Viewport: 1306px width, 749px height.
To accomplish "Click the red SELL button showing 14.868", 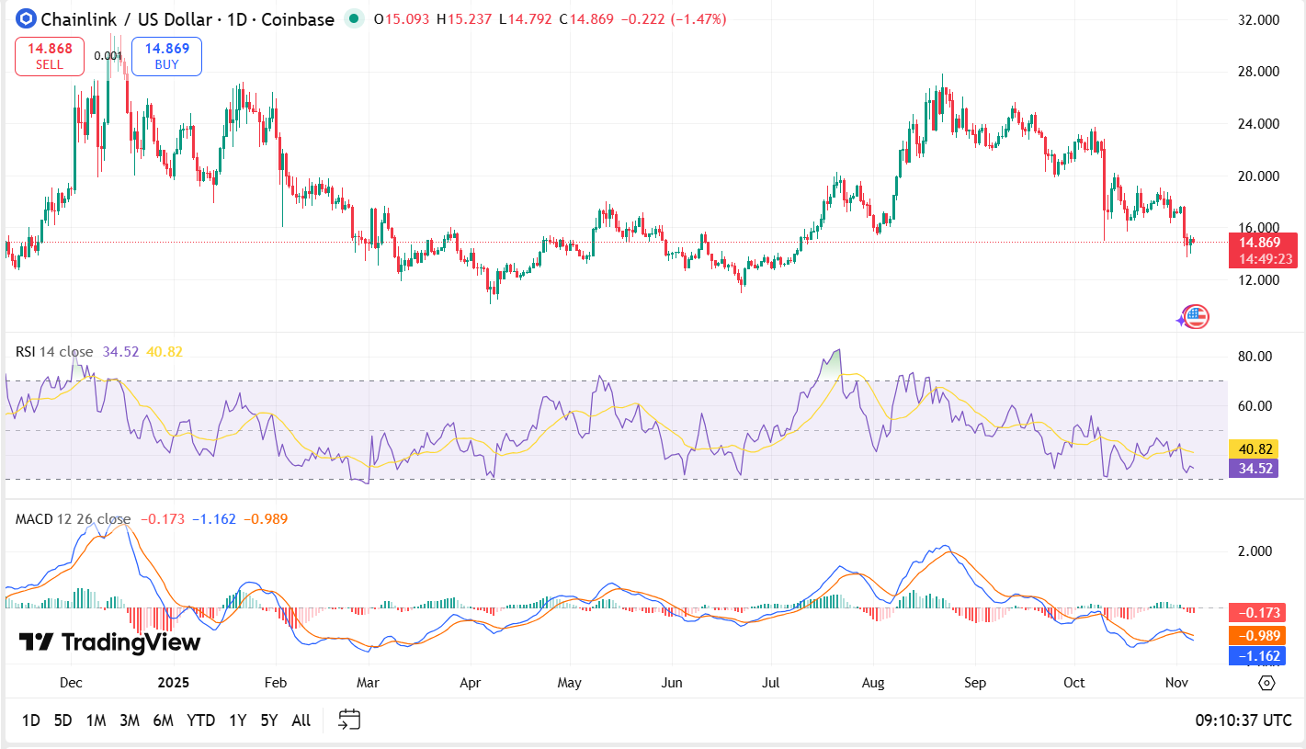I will [50, 56].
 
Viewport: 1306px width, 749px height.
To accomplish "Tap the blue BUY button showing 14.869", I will [166, 56].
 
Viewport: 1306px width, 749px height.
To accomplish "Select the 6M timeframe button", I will [163, 720].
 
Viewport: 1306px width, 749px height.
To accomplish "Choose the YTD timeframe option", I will [200, 720].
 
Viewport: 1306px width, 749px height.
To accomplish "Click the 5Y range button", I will [268, 720].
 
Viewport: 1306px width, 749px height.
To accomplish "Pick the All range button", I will [301, 720].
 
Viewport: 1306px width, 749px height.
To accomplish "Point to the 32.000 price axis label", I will [1258, 19].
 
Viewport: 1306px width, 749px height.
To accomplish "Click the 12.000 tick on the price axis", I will [1258, 279].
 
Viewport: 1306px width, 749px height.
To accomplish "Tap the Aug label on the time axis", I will [874, 683].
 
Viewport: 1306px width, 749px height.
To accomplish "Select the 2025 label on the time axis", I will [172, 683].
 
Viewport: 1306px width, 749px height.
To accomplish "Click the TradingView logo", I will [109, 641].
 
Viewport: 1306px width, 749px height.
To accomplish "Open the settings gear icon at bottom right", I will [1266, 683].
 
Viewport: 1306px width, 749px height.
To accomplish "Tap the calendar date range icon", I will [349, 720].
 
